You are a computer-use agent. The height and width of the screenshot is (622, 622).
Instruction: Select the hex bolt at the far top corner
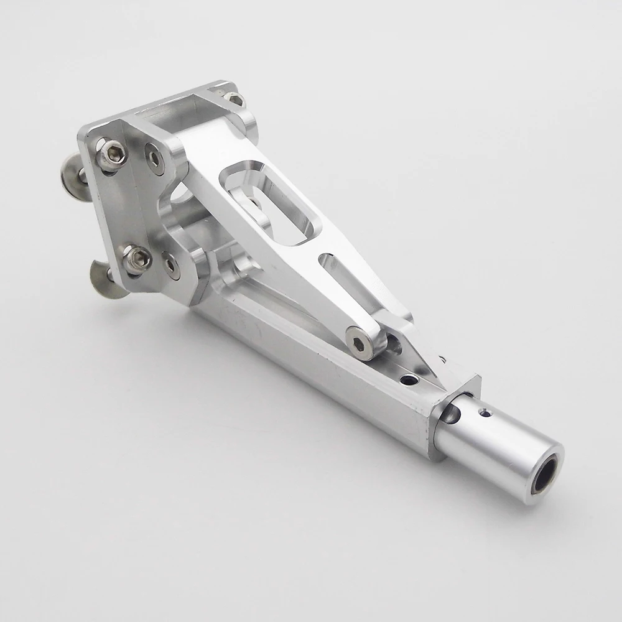[x=234, y=98]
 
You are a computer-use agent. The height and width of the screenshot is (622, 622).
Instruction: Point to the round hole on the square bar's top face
[x=409, y=379]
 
